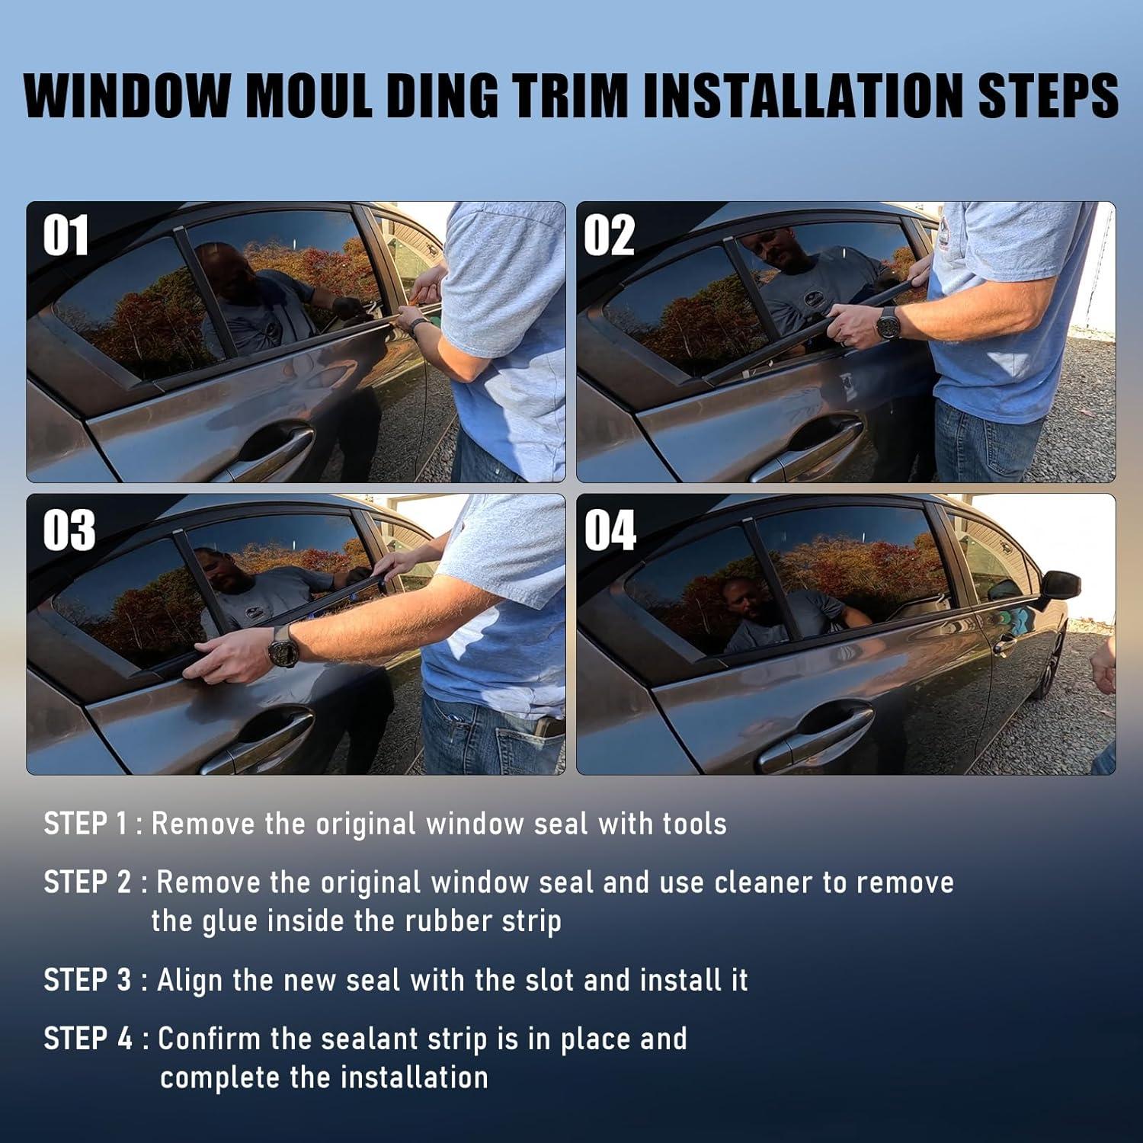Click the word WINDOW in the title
tap(127, 95)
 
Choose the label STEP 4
tap(88, 1039)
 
